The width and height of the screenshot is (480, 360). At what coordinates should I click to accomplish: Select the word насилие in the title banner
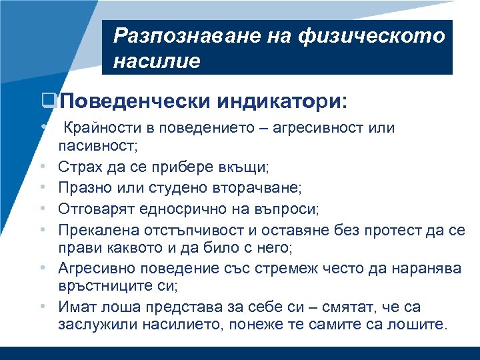pos(157,61)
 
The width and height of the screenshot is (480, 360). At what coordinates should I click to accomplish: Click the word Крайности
pos(93,127)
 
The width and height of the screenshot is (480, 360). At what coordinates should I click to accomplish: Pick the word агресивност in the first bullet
pos(327,127)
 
